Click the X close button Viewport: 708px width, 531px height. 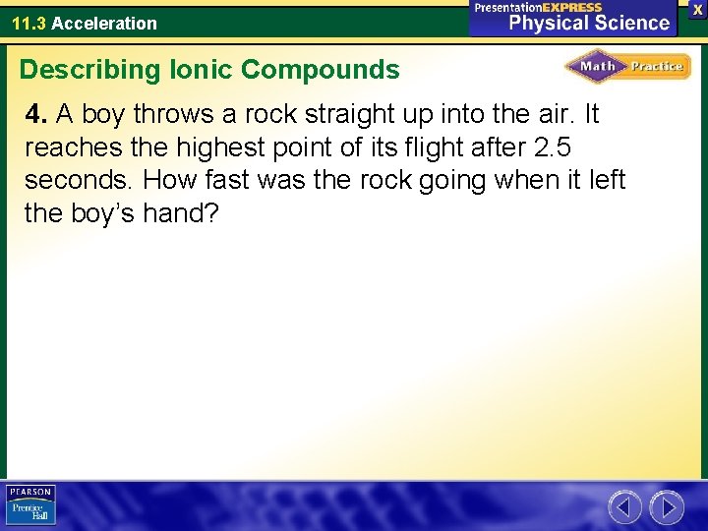[x=697, y=8]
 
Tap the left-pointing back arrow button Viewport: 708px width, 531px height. [x=625, y=507]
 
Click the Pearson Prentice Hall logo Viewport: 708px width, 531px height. [x=31, y=505]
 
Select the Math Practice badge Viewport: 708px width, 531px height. [x=627, y=67]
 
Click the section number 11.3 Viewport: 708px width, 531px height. [x=29, y=23]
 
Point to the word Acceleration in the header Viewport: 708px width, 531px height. [x=104, y=23]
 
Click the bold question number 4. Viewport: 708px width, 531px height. [x=36, y=115]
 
